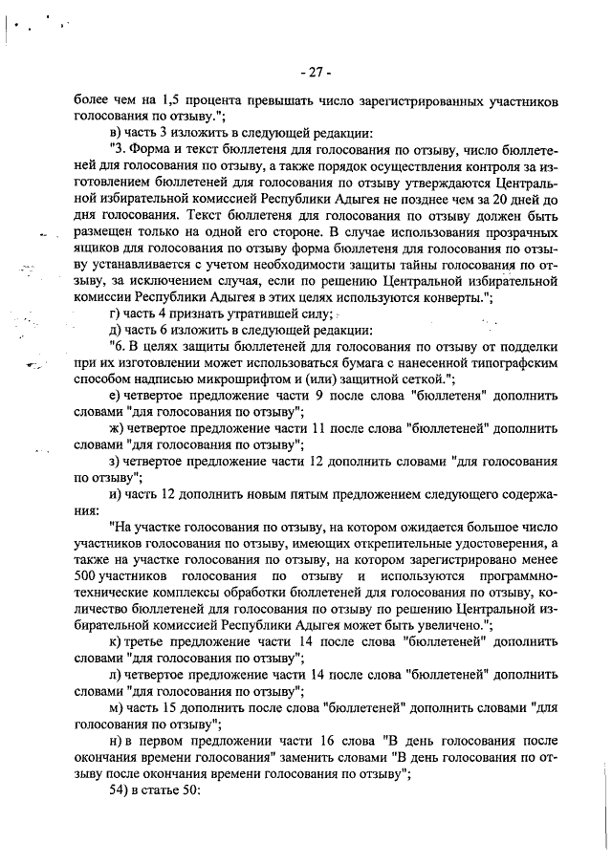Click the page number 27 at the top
[314, 72]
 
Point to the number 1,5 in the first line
[164, 100]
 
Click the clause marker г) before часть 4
[116, 314]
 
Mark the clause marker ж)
[118, 429]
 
